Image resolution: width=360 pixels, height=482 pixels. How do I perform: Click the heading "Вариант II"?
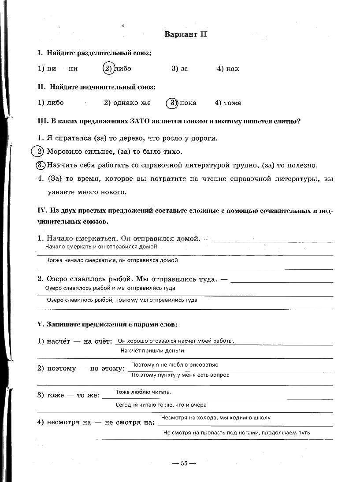pyautogui.click(x=186, y=34)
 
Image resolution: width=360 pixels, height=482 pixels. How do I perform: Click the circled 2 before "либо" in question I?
pyautogui.click(x=108, y=68)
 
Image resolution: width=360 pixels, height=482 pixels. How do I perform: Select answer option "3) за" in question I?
pyautogui.click(x=180, y=69)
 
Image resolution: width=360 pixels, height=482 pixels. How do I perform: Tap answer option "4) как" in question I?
pyautogui.click(x=228, y=69)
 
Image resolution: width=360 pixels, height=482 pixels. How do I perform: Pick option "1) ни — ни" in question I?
pyautogui.click(x=58, y=69)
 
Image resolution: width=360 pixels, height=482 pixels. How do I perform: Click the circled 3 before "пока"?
pyautogui.click(x=172, y=103)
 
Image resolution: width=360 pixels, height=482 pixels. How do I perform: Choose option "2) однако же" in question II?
pyautogui.click(x=127, y=103)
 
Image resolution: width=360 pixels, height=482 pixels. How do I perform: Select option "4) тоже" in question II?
pyautogui.click(x=228, y=103)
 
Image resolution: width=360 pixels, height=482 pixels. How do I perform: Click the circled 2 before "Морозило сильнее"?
pyautogui.click(x=39, y=152)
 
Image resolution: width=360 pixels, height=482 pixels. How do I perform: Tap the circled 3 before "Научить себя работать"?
pyautogui.click(x=40, y=165)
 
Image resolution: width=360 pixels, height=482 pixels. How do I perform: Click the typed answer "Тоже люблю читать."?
pyautogui.click(x=143, y=392)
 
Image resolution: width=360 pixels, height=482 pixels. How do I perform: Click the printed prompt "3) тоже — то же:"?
pyautogui.click(x=68, y=395)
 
